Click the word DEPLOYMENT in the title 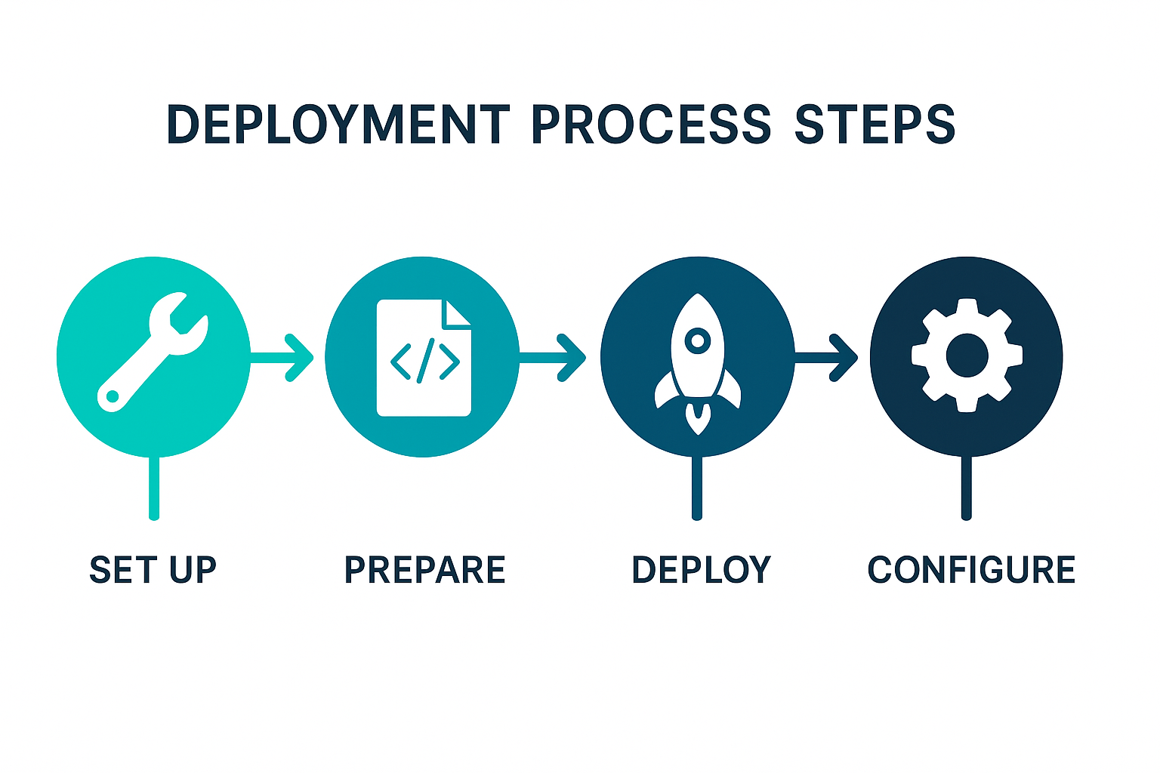[338, 125]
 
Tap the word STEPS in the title [875, 125]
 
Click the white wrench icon [153, 353]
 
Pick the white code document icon [424, 358]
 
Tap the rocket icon [698, 364]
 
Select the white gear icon [967, 356]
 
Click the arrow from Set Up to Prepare [282, 357]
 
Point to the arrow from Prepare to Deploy [553, 357]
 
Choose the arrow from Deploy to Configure [826, 357]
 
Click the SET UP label [153, 570]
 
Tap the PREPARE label [424, 570]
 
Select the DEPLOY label [701, 570]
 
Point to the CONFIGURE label [971, 570]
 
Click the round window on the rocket [698, 340]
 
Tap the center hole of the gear [967, 356]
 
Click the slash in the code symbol [426, 360]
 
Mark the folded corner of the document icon [456, 314]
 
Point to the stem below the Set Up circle [154, 488]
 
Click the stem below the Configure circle [967, 488]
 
